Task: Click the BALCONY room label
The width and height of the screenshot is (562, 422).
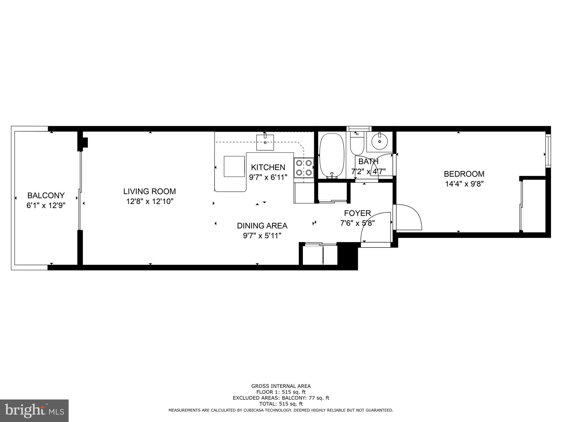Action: point(46,195)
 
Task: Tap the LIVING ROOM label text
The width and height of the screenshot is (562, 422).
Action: point(150,191)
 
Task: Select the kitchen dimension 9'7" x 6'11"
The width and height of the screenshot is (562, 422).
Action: point(268,177)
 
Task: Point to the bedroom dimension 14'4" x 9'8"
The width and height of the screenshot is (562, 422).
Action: point(464,184)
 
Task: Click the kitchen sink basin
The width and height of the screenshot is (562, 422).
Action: point(265,143)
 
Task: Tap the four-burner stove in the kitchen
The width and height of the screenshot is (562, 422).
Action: point(304,167)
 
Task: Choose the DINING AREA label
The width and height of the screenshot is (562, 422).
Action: point(262,226)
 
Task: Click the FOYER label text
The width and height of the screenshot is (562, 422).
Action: point(357,213)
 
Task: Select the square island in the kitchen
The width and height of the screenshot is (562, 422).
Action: point(234,166)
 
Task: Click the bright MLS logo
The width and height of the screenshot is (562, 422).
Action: point(34,410)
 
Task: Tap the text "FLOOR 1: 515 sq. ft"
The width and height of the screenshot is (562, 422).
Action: point(281,392)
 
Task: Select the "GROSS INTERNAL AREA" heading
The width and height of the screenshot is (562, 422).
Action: point(281,386)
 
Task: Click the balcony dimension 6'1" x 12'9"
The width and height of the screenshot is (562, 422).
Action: point(46,205)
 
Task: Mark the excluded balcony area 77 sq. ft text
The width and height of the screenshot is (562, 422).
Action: point(281,398)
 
